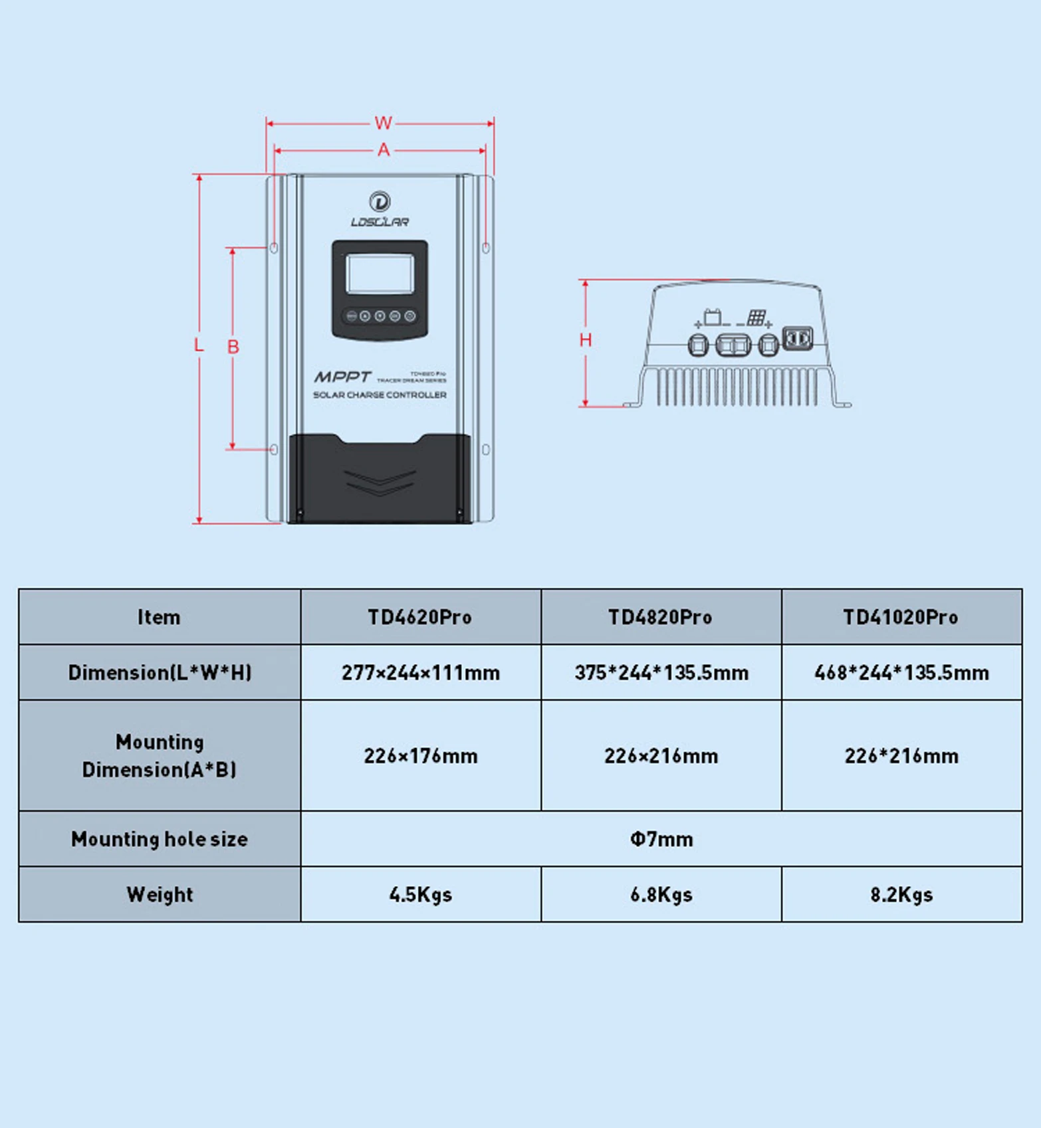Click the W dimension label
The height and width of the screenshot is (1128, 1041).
tap(383, 123)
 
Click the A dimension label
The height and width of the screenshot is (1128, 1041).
tap(384, 150)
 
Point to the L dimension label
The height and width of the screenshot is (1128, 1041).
tap(199, 345)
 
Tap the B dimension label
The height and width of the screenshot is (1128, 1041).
tap(233, 347)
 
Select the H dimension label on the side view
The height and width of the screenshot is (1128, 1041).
tap(585, 340)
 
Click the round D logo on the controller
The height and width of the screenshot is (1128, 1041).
tap(380, 201)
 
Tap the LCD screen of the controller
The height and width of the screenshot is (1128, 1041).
tap(380, 273)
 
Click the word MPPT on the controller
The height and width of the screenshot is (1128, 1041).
tap(342, 377)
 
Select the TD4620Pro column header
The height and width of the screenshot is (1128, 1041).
tap(420, 617)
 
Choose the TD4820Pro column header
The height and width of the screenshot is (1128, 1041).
tap(661, 617)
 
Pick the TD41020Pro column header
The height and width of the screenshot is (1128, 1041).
tap(901, 617)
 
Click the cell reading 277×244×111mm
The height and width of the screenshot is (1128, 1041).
tap(420, 673)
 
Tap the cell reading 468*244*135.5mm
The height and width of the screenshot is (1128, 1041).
tap(901, 673)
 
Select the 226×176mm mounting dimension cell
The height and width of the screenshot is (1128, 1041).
tap(420, 756)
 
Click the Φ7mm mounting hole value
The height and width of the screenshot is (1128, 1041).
tap(661, 839)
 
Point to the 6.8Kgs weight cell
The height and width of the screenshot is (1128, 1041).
tap(661, 895)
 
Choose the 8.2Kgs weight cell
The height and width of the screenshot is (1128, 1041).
tap(901, 895)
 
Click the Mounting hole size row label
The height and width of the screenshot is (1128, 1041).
tap(160, 839)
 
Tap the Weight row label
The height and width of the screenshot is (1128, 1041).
tap(160, 895)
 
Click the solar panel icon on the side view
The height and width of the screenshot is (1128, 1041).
tap(756, 318)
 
